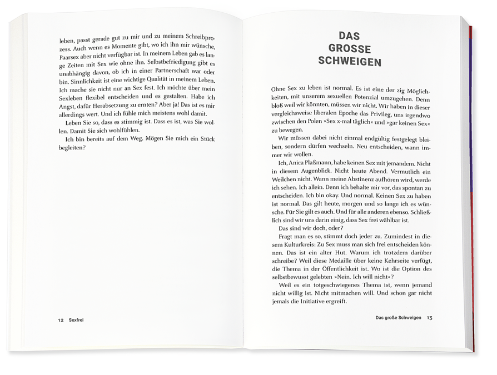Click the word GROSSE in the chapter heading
point(350,48)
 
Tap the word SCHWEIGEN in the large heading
point(350,62)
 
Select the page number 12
point(61,321)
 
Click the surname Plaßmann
point(323,164)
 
